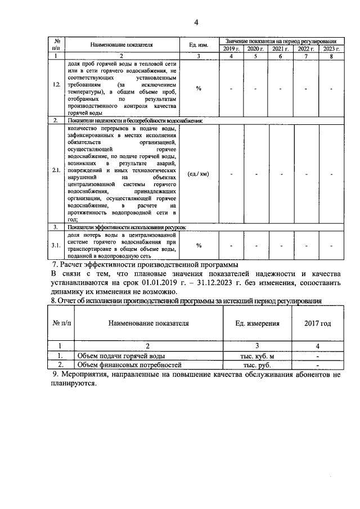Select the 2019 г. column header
[232, 49]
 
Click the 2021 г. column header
[281, 49]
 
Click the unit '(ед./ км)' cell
[199, 174]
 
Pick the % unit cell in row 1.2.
[199, 88]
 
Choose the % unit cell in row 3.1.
[199, 245]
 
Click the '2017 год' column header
[317, 324]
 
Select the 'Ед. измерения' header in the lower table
[256, 324]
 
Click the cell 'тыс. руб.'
[256, 365]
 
